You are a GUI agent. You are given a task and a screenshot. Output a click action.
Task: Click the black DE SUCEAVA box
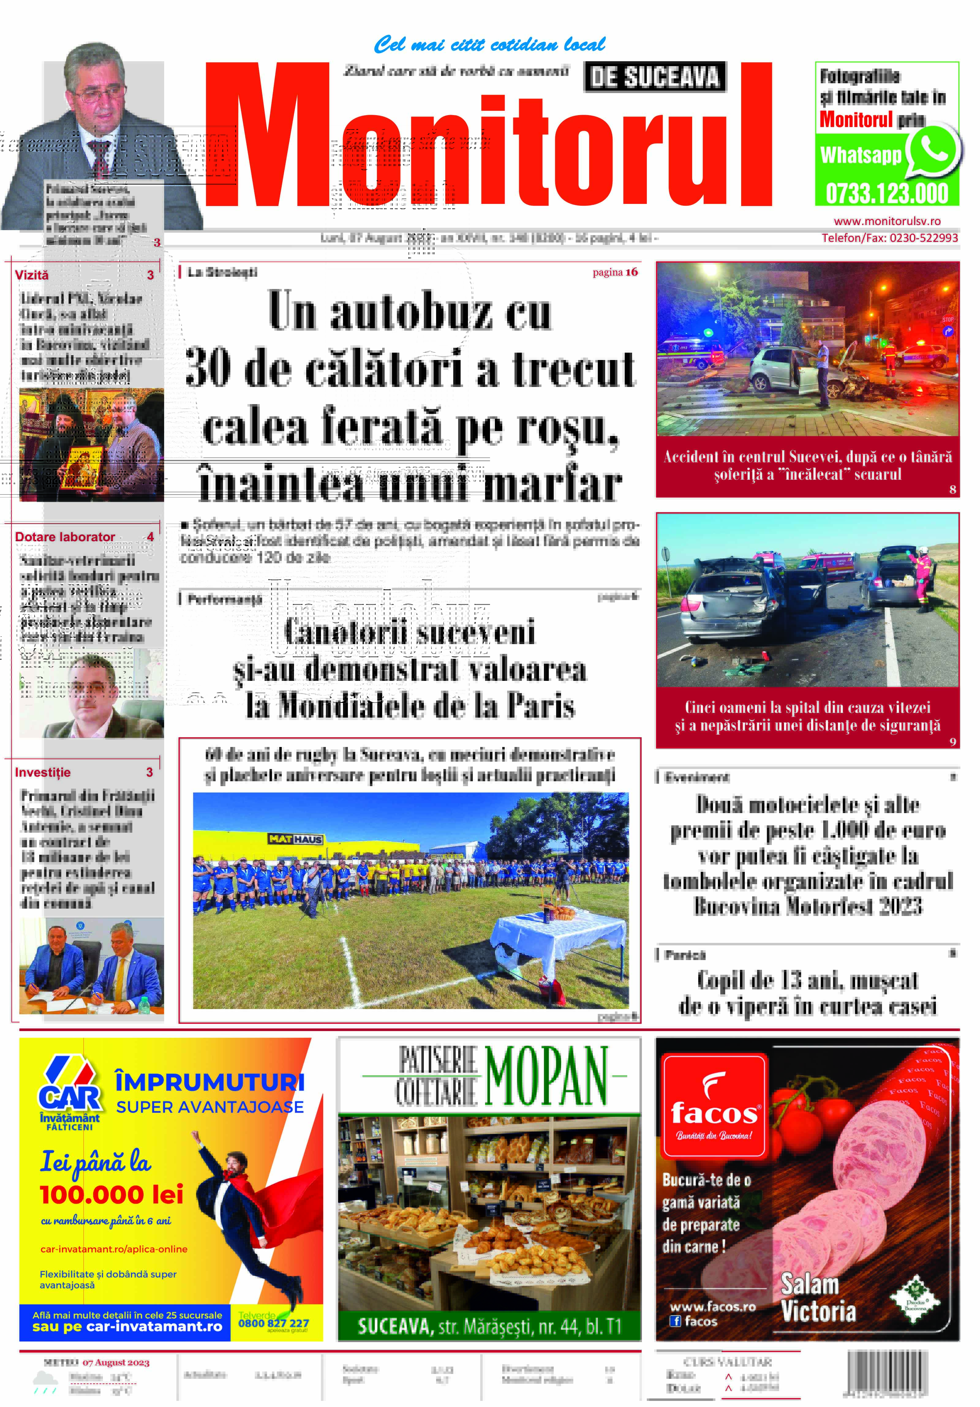point(654,77)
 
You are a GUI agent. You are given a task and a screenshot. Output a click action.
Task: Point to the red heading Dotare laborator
point(65,537)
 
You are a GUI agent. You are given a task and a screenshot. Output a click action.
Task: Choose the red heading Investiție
point(43,772)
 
